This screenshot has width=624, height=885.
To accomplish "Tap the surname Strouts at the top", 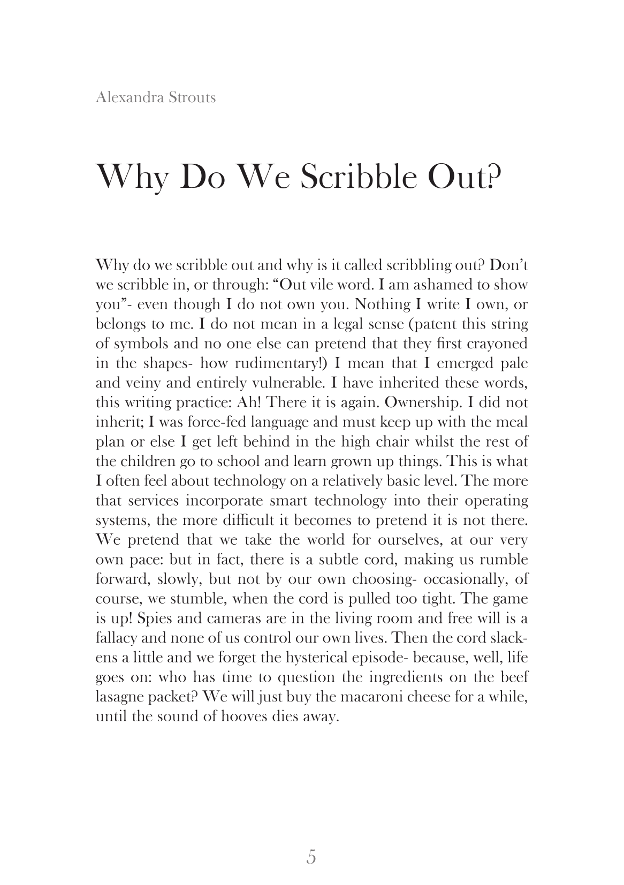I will (191, 97).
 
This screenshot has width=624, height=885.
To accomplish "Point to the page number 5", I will (311, 857).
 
